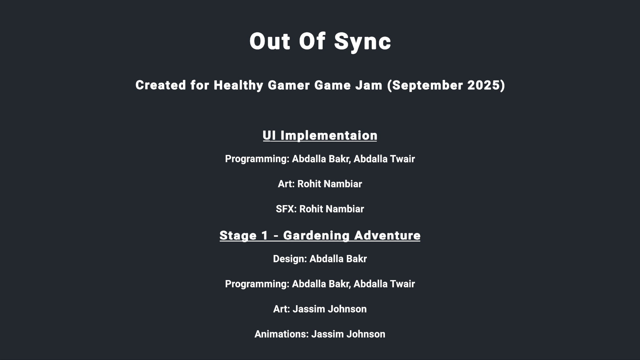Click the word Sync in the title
point(363,42)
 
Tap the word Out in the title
point(270,41)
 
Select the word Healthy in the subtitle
point(238,85)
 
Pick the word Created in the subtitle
point(161,85)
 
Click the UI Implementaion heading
point(320,136)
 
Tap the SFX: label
point(286,209)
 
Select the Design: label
point(290,259)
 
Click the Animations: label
point(282,334)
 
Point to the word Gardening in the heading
point(316,236)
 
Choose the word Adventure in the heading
point(387,236)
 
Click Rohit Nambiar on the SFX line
point(331,209)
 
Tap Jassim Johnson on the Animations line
point(348,334)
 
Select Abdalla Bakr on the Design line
point(338,259)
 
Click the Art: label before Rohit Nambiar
point(286,184)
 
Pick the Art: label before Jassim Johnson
point(282,309)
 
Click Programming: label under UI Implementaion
point(257,159)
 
